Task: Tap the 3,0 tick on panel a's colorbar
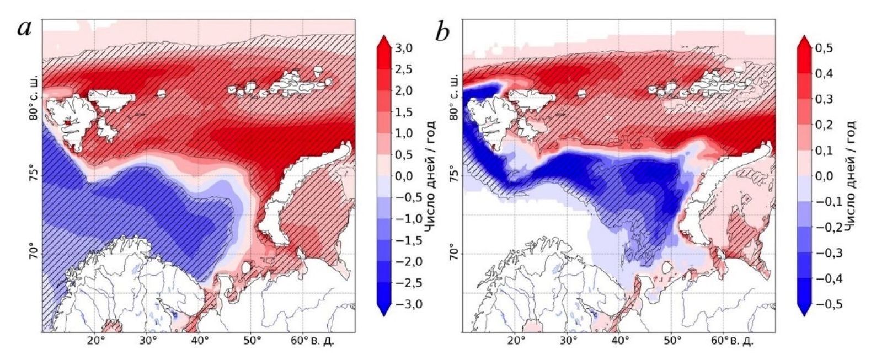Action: coord(404,48)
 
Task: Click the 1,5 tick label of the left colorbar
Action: coord(404,112)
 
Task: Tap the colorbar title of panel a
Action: coord(431,176)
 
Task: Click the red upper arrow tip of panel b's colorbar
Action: coord(804,40)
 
